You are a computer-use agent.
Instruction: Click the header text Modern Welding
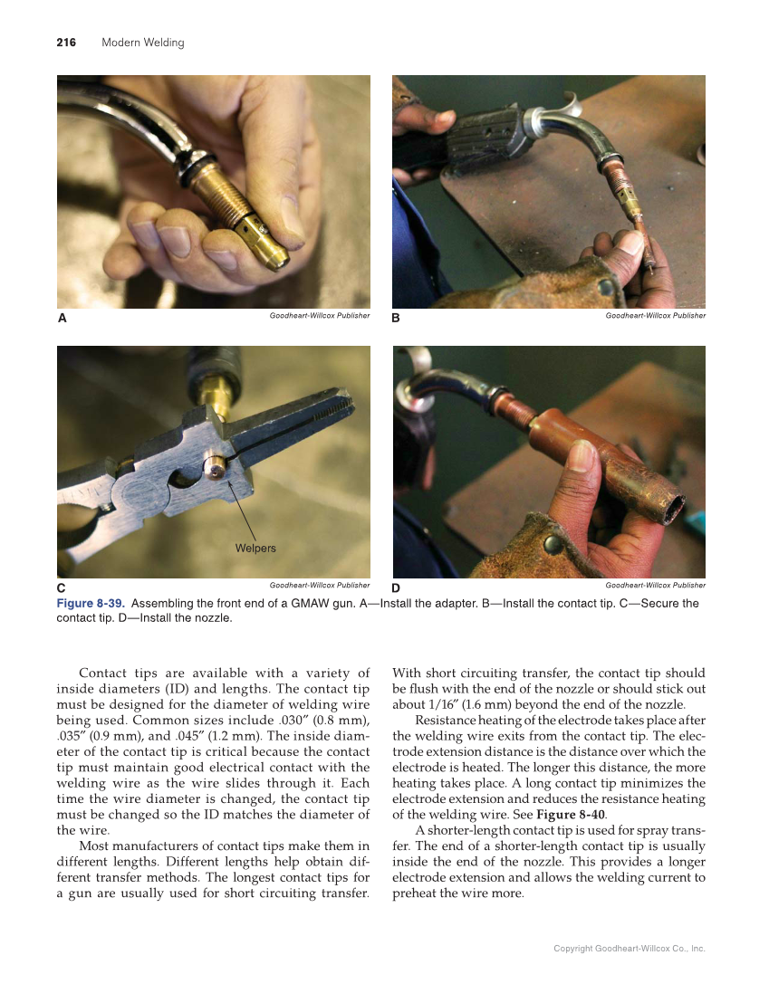[x=142, y=43]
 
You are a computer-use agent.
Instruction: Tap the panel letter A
[x=62, y=319]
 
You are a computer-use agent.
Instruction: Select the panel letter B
[x=397, y=319]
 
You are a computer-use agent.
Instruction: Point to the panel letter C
[x=62, y=588]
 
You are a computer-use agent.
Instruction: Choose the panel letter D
[x=397, y=588]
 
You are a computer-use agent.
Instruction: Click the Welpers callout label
[x=255, y=548]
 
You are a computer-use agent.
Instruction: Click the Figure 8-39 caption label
[x=91, y=603]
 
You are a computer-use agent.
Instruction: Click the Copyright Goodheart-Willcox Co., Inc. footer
[x=630, y=949]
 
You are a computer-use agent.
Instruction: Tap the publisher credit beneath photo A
[x=320, y=315]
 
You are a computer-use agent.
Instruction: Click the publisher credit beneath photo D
[x=655, y=585]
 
